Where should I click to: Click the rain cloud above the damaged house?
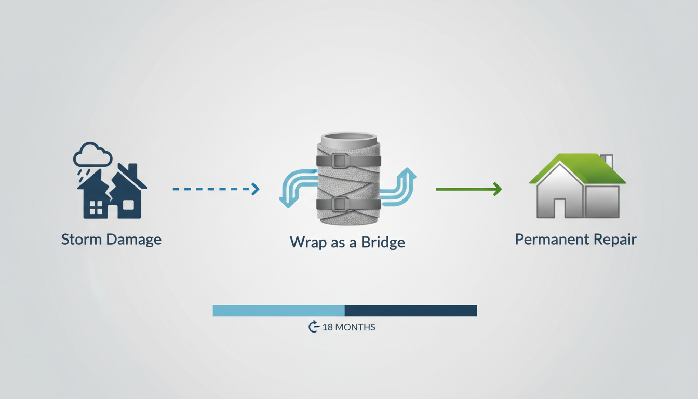pos(92,154)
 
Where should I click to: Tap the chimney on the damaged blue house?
pos(132,170)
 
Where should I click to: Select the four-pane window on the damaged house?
pos(96,208)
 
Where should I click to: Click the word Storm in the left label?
pos(82,240)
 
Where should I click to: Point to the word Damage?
pos(133,240)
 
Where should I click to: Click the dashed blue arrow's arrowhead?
pos(255,189)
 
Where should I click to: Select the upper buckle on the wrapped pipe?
pos(340,161)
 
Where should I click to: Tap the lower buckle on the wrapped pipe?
pos(340,204)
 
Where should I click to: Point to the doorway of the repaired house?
pos(560,208)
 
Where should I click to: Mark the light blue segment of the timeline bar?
pos(278,311)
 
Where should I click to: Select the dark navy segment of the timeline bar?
pos(410,311)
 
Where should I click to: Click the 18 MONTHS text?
pos(348,327)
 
